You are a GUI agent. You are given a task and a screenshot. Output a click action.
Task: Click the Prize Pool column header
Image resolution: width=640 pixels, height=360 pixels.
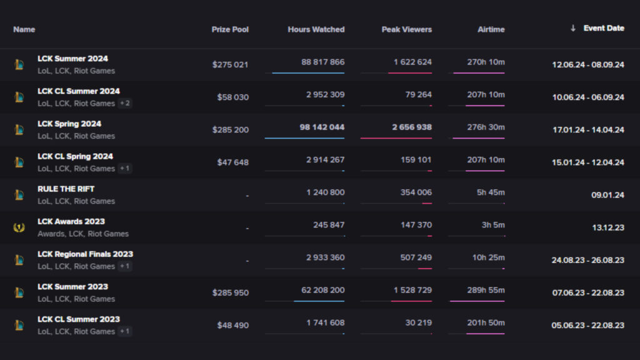point(230,29)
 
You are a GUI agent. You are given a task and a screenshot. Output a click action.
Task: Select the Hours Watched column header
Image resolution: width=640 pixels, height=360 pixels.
point(316,29)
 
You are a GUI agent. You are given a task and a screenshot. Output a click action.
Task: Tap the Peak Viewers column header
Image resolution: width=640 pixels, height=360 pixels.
point(406,29)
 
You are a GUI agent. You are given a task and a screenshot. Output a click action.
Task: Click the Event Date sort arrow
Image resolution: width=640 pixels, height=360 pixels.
point(572,28)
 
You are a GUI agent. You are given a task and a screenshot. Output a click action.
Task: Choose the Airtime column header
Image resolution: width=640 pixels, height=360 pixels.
point(491,29)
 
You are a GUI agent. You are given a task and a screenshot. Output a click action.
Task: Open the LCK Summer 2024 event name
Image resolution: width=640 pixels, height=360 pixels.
point(72,59)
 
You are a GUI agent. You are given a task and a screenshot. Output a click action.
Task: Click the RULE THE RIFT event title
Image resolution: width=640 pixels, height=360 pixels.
point(66,189)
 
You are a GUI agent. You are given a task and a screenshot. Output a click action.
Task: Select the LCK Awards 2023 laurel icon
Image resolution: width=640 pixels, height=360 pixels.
point(19,227)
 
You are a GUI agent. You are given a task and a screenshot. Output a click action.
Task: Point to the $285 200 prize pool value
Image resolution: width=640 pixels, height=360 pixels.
point(231,130)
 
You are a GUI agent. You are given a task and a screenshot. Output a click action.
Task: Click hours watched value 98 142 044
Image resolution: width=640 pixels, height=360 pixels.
point(322,127)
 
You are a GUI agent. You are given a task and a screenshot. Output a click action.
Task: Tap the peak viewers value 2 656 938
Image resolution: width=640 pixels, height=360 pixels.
point(412,127)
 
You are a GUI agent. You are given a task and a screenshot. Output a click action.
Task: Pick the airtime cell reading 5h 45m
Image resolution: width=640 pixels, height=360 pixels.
point(491,192)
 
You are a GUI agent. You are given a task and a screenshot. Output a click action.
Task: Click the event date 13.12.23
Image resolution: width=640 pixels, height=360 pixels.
point(607,228)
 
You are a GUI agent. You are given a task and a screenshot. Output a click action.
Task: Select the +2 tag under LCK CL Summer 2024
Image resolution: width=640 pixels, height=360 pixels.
point(126,103)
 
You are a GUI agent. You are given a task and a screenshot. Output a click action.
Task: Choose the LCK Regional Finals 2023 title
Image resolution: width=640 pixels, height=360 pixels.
point(85,254)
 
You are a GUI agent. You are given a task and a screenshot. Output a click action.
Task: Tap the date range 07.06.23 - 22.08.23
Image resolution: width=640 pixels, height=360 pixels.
point(587,293)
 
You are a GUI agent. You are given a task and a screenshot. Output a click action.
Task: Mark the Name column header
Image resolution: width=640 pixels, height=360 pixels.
point(24,29)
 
